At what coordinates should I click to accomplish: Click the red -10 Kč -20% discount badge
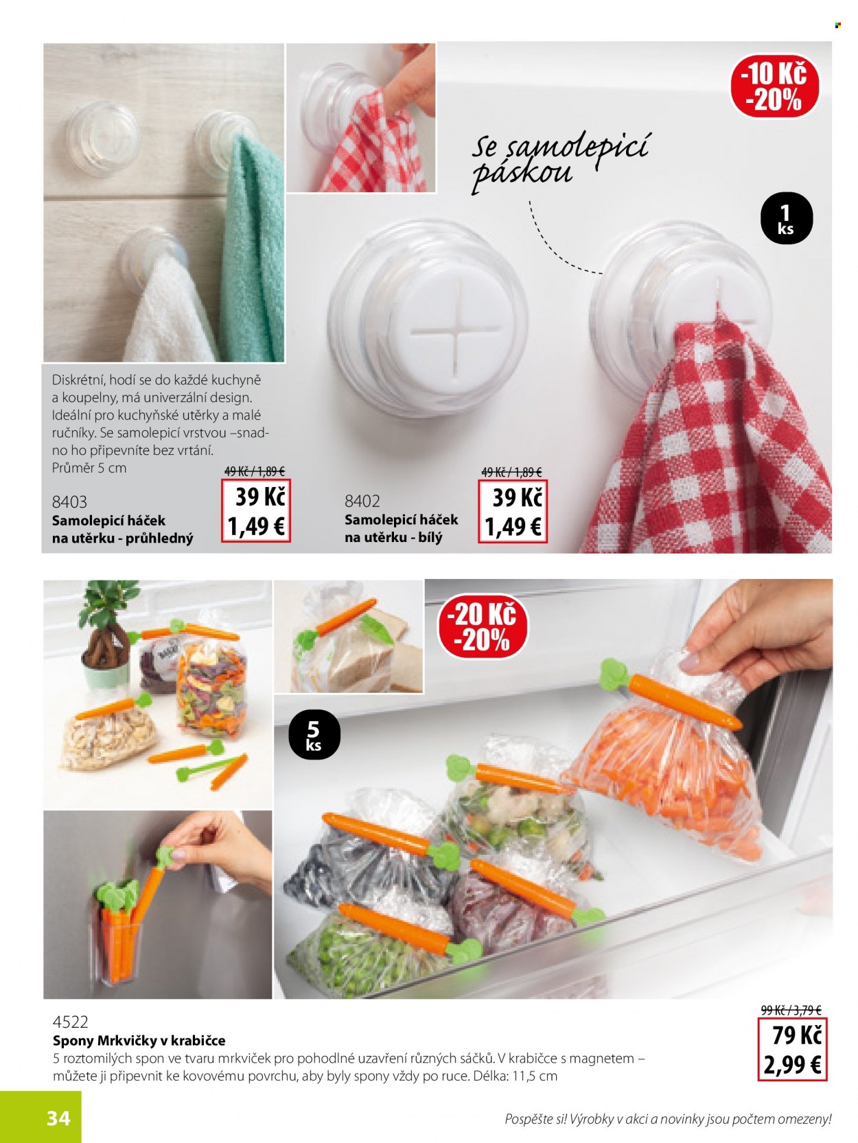point(774,86)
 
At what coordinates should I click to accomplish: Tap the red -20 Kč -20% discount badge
point(482,628)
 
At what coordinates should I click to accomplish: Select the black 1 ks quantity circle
point(786,219)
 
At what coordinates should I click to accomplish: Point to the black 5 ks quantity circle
point(314,735)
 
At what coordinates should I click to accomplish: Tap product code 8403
point(69,502)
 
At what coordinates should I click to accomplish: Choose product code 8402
point(362,501)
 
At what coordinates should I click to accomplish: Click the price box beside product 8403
point(255,511)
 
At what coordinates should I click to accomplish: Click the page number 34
point(58,1116)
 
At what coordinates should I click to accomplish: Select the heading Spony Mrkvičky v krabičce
point(139,1040)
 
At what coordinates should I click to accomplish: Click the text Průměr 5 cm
point(89,468)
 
